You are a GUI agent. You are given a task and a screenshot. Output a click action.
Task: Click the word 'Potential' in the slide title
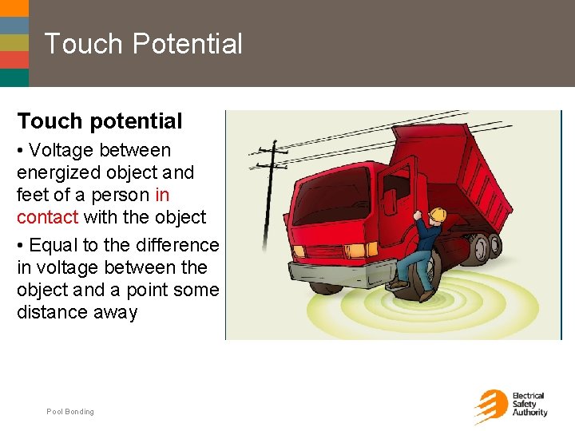[188, 43]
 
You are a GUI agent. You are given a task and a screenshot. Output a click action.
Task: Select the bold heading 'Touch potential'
[100, 121]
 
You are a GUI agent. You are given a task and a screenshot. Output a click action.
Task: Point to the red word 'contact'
[47, 217]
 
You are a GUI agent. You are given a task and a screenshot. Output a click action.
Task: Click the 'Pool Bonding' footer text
[70, 412]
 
